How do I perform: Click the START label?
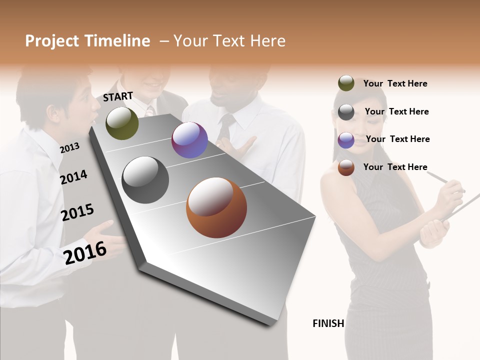118,96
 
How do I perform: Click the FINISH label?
328,323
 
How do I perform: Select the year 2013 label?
69,147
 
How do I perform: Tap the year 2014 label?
74,177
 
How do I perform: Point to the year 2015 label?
77,212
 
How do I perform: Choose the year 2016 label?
85,252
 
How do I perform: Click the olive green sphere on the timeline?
122,123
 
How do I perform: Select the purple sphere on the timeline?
189,140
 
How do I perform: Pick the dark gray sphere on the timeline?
145,180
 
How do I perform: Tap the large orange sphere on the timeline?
216,207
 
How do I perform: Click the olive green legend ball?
346,83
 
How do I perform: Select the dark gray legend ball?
346,111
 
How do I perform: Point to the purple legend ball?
346,139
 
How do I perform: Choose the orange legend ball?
346,167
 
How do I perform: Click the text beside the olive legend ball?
395,83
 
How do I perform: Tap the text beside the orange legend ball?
395,167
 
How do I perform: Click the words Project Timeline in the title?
87,41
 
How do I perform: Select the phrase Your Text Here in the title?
229,41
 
